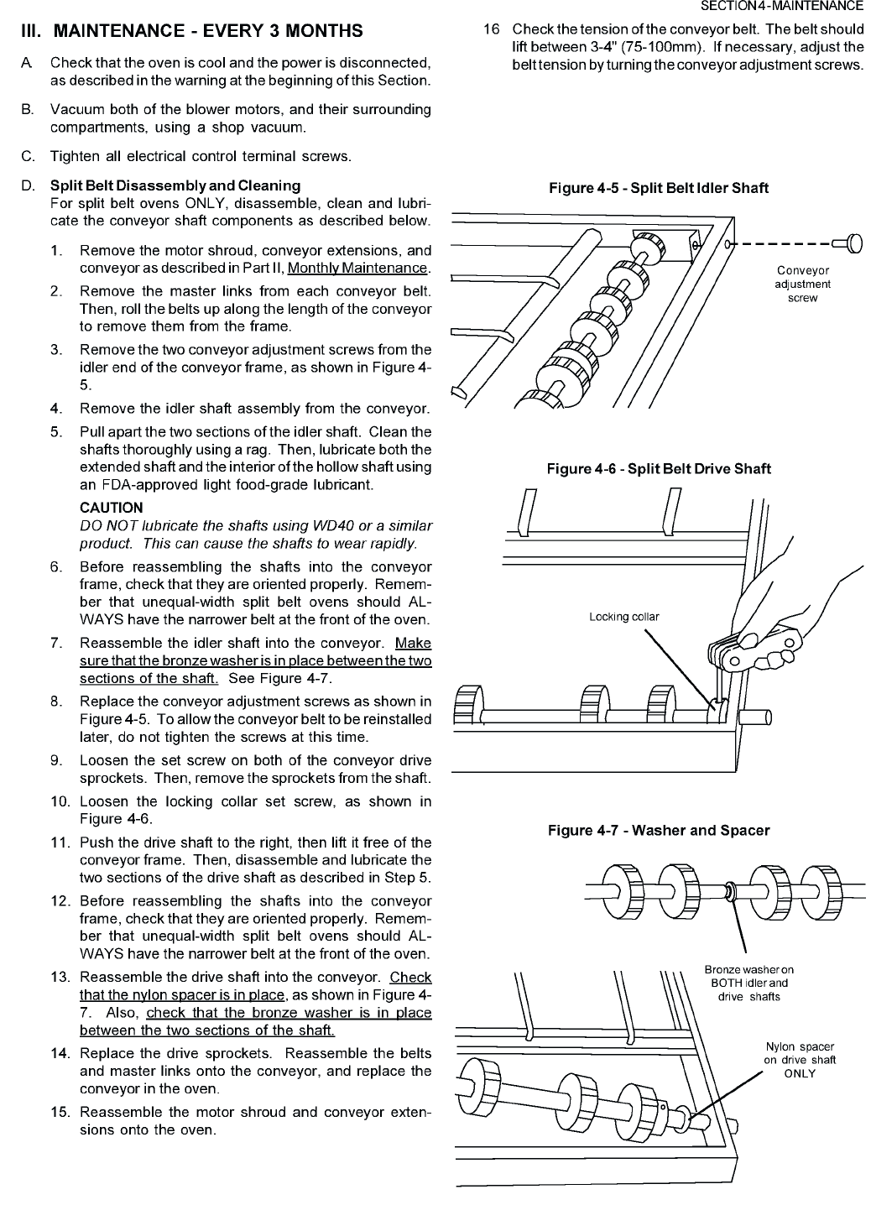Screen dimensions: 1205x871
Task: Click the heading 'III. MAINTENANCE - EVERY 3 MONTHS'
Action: tap(192, 31)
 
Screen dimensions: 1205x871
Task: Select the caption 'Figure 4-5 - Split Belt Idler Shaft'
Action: tap(658, 188)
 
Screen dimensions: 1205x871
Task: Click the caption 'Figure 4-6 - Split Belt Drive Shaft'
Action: tap(658, 468)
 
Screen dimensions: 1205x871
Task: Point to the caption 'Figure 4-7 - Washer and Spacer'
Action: tap(658, 831)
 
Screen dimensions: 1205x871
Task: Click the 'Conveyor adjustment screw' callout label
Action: tap(803, 284)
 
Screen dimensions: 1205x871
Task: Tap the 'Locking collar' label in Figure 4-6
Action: tap(623, 617)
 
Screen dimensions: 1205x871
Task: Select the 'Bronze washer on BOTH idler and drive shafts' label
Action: tap(748, 983)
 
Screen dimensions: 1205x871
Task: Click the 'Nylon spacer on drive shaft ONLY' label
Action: tap(799, 1060)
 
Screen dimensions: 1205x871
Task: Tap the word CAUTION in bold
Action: tap(111, 508)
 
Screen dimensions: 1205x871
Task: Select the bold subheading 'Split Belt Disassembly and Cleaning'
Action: tap(175, 185)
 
